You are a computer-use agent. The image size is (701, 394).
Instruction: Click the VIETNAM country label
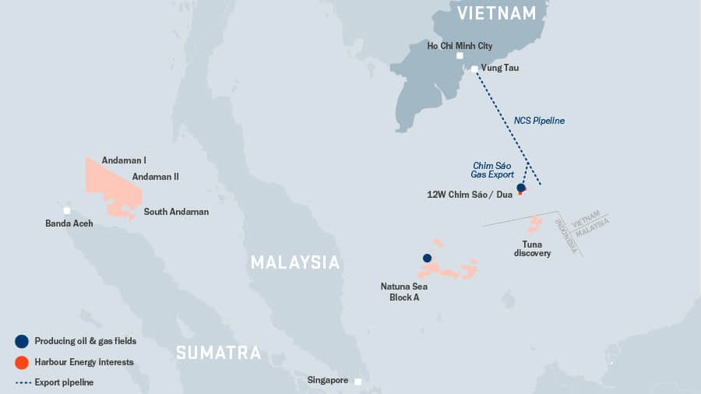tap(497, 13)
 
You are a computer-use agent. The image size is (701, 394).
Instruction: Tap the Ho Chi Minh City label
tap(460, 46)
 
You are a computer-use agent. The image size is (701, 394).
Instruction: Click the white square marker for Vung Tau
tap(474, 69)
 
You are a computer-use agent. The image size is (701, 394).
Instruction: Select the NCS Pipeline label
tap(539, 121)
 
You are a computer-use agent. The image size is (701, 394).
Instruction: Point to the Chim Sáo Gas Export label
tap(493, 170)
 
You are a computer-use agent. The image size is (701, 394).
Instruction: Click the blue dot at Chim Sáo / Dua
tap(521, 188)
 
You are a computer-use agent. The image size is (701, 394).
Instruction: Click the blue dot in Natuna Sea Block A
tap(427, 258)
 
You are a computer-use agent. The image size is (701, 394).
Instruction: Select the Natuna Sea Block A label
tap(404, 292)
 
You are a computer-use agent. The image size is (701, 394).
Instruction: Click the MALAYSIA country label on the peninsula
tap(295, 262)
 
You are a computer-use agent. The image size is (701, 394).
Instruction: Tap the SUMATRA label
tap(218, 353)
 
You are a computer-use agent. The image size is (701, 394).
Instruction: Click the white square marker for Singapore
tap(358, 382)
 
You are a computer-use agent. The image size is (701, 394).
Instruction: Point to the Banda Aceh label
tap(69, 223)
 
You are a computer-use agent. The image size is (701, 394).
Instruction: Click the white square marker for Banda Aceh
tap(67, 210)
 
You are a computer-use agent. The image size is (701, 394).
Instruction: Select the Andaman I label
tap(124, 160)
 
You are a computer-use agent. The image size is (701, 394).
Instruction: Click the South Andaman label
tap(176, 211)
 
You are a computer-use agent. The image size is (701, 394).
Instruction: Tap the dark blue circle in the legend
tap(22, 341)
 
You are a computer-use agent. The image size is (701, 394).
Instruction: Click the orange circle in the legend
tap(22, 362)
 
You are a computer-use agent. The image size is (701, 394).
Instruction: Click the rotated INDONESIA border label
tap(566, 234)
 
